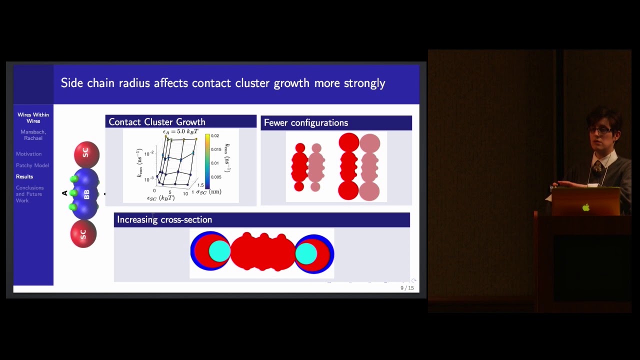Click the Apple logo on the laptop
pyautogui.click(x=585, y=207)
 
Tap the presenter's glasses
pyautogui.click(x=599, y=130)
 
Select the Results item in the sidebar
pyautogui.click(x=24, y=176)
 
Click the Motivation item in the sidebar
pyautogui.click(x=28, y=154)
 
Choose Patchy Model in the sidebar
pyautogui.click(x=32, y=165)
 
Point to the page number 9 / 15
pyautogui.click(x=407, y=288)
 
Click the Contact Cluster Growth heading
pyautogui.click(x=157, y=122)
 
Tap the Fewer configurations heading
pyautogui.click(x=305, y=123)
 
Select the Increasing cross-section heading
pyautogui.click(x=164, y=220)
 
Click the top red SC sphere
pyautogui.click(x=86, y=153)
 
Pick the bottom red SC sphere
pyautogui.click(x=83, y=233)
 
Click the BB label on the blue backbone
pyautogui.click(x=86, y=194)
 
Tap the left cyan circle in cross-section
pyautogui.click(x=219, y=251)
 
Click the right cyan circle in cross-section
pyautogui.click(x=306, y=253)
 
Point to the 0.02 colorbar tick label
pyautogui.click(x=215, y=136)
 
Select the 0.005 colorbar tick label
pyautogui.click(x=216, y=177)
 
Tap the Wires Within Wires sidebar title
pyautogui.click(x=33, y=118)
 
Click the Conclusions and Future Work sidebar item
pyautogui.click(x=29, y=194)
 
